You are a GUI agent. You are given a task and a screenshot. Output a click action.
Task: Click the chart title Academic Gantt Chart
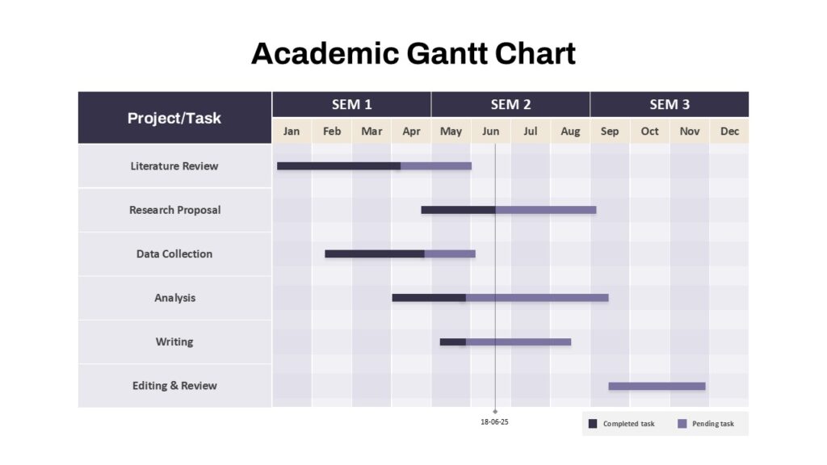click(x=413, y=53)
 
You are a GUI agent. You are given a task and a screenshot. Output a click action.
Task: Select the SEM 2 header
click(x=510, y=104)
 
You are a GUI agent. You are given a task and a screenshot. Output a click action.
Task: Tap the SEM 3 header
click(x=670, y=104)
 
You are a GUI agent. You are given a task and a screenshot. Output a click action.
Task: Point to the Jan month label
click(x=292, y=132)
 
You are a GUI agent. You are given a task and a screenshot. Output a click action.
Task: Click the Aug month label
click(x=570, y=132)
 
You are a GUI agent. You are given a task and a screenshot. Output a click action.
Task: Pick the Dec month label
click(x=729, y=132)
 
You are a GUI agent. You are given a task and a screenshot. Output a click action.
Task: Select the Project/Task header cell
click(x=174, y=118)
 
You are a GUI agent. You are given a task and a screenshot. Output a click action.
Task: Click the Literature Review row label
click(x=174, y=166)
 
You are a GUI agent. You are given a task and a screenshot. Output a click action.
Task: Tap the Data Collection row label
click(x=174, y=253)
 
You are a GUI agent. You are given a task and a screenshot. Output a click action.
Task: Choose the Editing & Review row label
click(x=174, y=386)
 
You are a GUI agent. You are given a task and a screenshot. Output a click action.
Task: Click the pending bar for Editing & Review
click(x=657, y=386)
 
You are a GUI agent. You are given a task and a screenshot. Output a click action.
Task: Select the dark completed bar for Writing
click(x=452, y=341)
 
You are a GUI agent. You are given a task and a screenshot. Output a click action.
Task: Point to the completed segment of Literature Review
click(x=338, y=166)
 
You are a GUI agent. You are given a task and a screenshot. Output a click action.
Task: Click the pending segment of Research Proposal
click(x=546, y=210)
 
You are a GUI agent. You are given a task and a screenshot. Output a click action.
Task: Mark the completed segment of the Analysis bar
click(x=429, y=298)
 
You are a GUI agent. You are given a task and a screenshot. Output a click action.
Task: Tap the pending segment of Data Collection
click(x=450, y=253)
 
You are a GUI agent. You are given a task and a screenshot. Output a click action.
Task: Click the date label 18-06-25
click(x=494, y=421)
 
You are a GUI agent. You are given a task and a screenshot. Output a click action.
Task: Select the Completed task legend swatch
click(x=593, y=424)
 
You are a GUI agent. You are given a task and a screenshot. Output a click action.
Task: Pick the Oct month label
click(x=649, y=132)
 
